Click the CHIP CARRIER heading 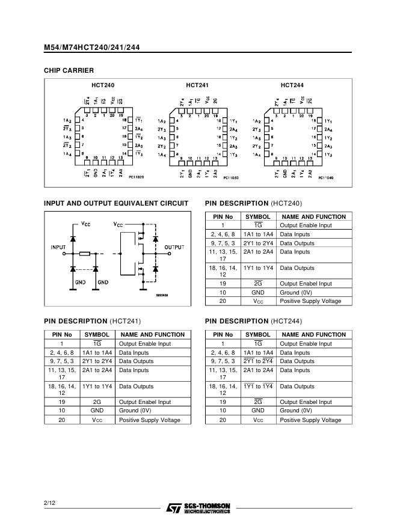69,70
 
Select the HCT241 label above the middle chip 197,85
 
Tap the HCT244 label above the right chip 292,85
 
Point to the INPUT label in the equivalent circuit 58,247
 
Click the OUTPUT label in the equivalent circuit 174,247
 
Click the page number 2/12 49,502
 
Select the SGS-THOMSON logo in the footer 198,509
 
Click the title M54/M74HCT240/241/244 91,47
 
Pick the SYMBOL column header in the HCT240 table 258,216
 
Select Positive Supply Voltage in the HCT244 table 310,420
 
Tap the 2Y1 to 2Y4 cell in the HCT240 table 258,243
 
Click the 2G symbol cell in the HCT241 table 97,402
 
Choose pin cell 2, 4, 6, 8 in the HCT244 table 223,353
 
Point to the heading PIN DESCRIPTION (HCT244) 253,321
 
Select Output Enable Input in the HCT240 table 306,225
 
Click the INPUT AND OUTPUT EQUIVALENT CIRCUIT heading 116,203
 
